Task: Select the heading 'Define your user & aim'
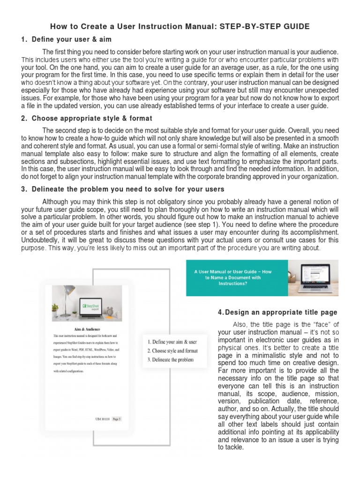(71, 39)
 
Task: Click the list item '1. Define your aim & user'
(172, 342)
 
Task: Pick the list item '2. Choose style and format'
(172, 351)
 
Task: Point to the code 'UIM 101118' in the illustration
(102, 419)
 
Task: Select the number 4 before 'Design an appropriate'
(220, 312)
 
